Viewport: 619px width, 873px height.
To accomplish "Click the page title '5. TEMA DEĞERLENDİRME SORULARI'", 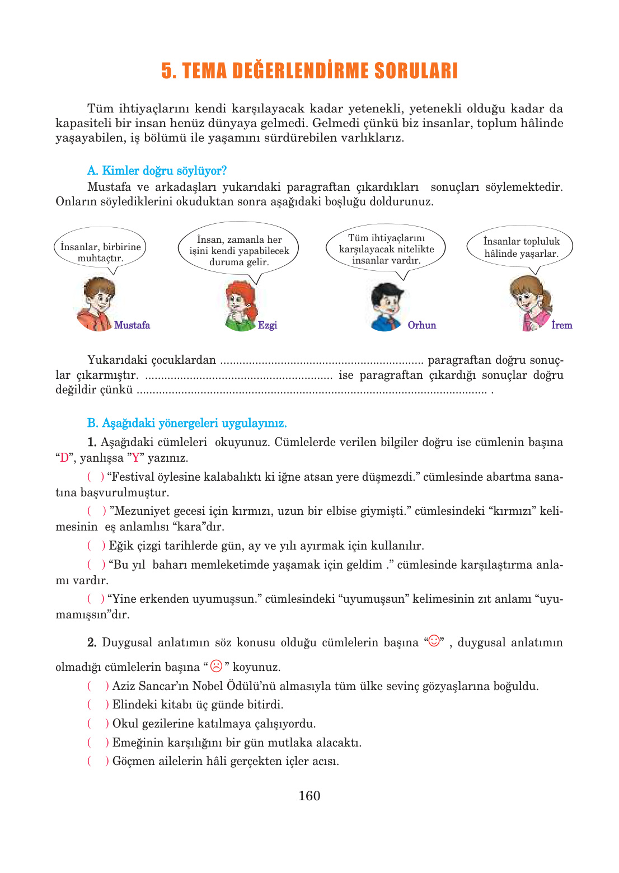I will [309, 71].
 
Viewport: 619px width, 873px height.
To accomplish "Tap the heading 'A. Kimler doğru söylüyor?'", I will [157, 171].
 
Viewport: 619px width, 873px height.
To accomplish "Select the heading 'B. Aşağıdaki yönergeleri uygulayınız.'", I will [187, 423].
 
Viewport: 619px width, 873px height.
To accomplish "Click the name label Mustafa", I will [132, 325].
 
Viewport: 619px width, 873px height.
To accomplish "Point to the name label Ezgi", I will [268, 325].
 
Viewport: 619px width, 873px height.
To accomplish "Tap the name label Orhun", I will [421, 325].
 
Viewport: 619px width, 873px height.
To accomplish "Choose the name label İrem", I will [561, 325].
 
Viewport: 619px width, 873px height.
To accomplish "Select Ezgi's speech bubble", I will [239, 250].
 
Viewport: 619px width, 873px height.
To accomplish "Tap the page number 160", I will [309, 796].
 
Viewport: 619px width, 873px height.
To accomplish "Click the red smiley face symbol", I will [434, 641].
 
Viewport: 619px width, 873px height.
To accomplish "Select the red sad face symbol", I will [217, 666].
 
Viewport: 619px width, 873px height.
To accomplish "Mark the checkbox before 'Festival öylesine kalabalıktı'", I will [96, 477].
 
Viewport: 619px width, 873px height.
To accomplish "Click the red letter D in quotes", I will [64, 458].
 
